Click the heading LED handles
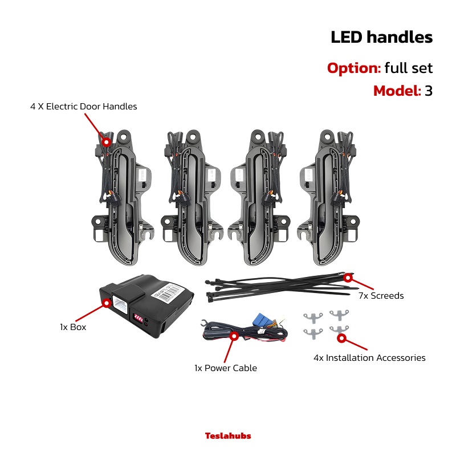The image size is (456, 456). [x=381, y=38]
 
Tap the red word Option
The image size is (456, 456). [x=354, y=68]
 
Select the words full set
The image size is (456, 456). [x=409, y=68]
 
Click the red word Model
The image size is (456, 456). [x=397, y=91]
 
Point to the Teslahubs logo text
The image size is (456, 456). [x=228, y=435]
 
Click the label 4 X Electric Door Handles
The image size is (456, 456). [x=83, y=107]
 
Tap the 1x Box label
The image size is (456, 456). [x=73, y=327]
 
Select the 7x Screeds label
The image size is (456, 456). [x=381, y=296]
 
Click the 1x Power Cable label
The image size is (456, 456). [x=226, y=368]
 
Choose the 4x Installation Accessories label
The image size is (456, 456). [x=369, y=358]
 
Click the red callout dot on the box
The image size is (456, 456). [x=107, y=303]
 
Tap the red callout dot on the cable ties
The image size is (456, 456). [x=348, y=278]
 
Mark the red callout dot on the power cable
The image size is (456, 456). [x=234, y=336]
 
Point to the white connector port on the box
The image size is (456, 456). [x=120, y=305]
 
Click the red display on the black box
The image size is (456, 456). [x=139, y=318]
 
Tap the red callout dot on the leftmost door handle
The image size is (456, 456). [x=107, y=142]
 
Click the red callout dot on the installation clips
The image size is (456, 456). [x=341, y=338]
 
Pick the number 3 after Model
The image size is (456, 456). [x=429, y=91]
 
